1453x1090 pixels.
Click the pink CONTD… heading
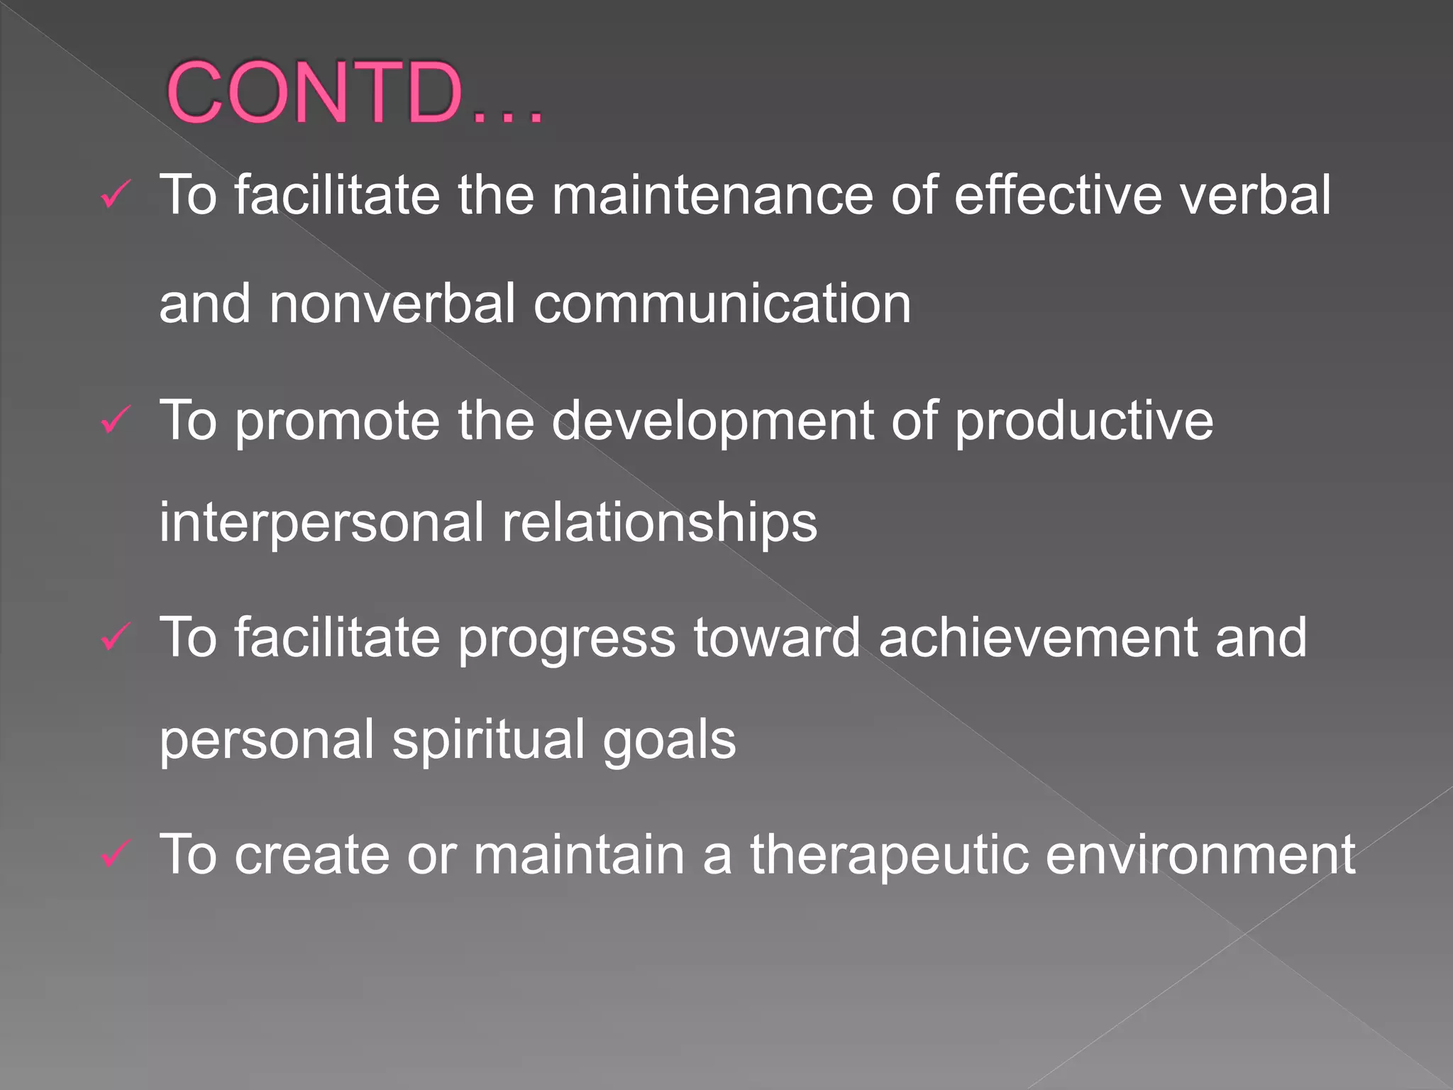(355, 92)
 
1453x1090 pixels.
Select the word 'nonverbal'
(392, 304)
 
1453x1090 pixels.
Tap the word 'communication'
(722, 304)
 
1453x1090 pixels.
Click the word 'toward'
(777, 637)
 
